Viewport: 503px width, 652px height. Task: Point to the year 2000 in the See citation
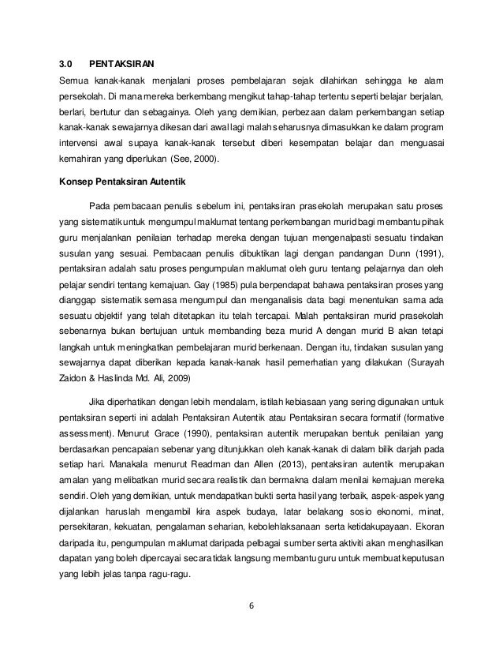pos(203,161)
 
